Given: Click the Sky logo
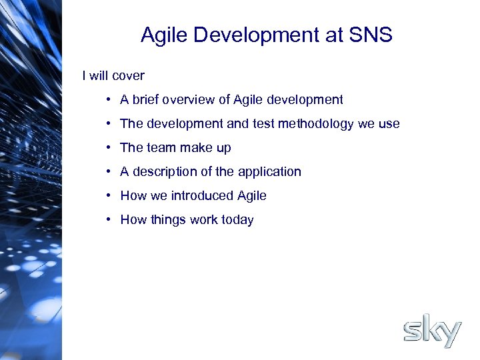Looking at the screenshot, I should tap(432, 331).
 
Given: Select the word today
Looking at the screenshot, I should tap(237, 220).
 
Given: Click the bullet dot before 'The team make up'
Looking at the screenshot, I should tap(107, 148).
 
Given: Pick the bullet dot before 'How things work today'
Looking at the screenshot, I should tap(107, 220).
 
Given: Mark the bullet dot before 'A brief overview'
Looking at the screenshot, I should tap(107, 100).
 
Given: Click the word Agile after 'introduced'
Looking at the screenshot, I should tap(252, 196).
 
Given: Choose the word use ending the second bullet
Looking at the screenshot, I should tap(389, 124).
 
